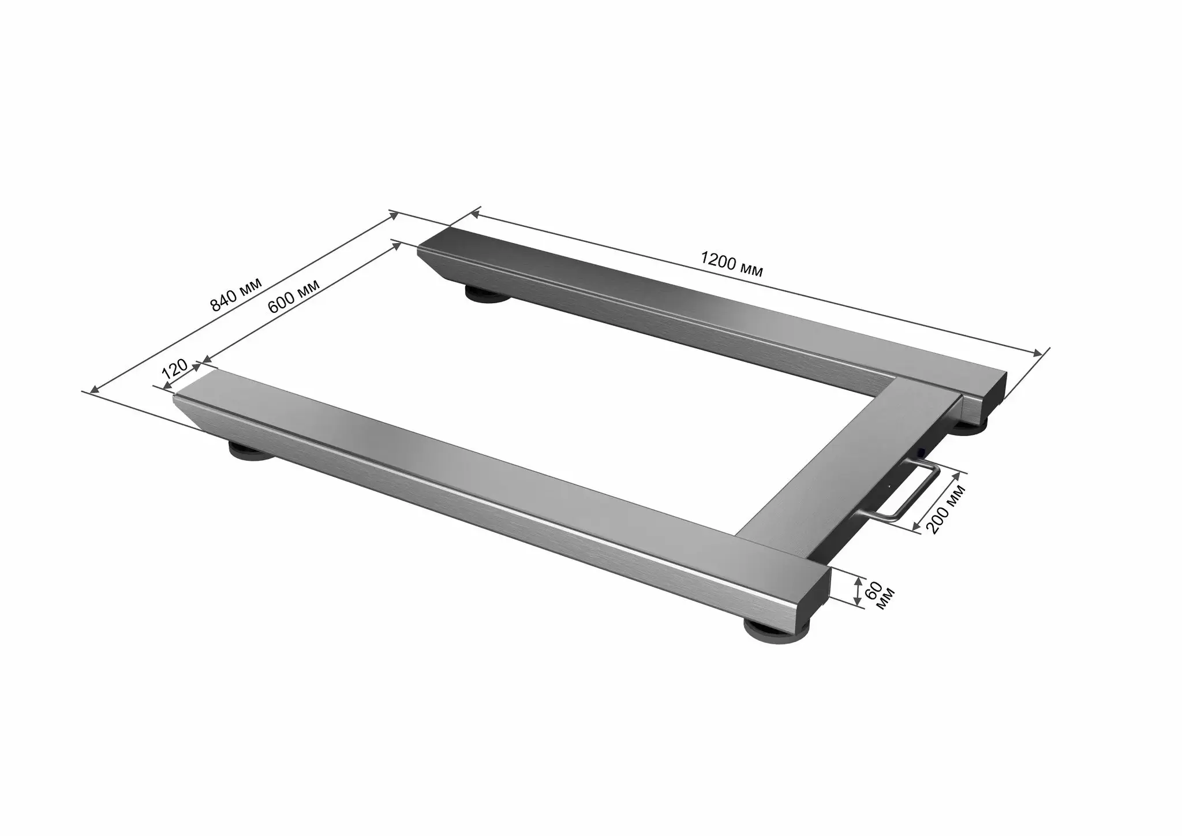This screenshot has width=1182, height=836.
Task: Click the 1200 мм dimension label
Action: pyautogui.click(x=732, y=264)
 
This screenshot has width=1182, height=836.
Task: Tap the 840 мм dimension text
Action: pyautogui.click(x=236, y=294)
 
